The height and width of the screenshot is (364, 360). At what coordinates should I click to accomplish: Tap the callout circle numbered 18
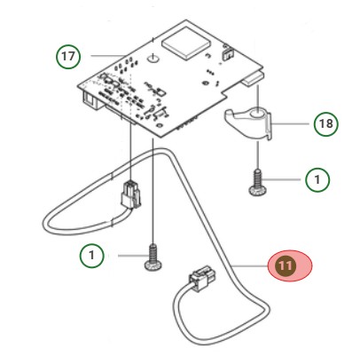[x=325, y=123]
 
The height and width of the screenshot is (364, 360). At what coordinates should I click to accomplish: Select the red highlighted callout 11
[x=286, y=265]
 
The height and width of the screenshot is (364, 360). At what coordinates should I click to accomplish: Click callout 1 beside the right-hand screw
[x=317, y=180]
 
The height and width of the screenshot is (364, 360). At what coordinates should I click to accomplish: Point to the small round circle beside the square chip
[x=153, y=59]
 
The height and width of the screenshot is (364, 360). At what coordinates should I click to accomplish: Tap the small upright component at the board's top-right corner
[x=224, y=54]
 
